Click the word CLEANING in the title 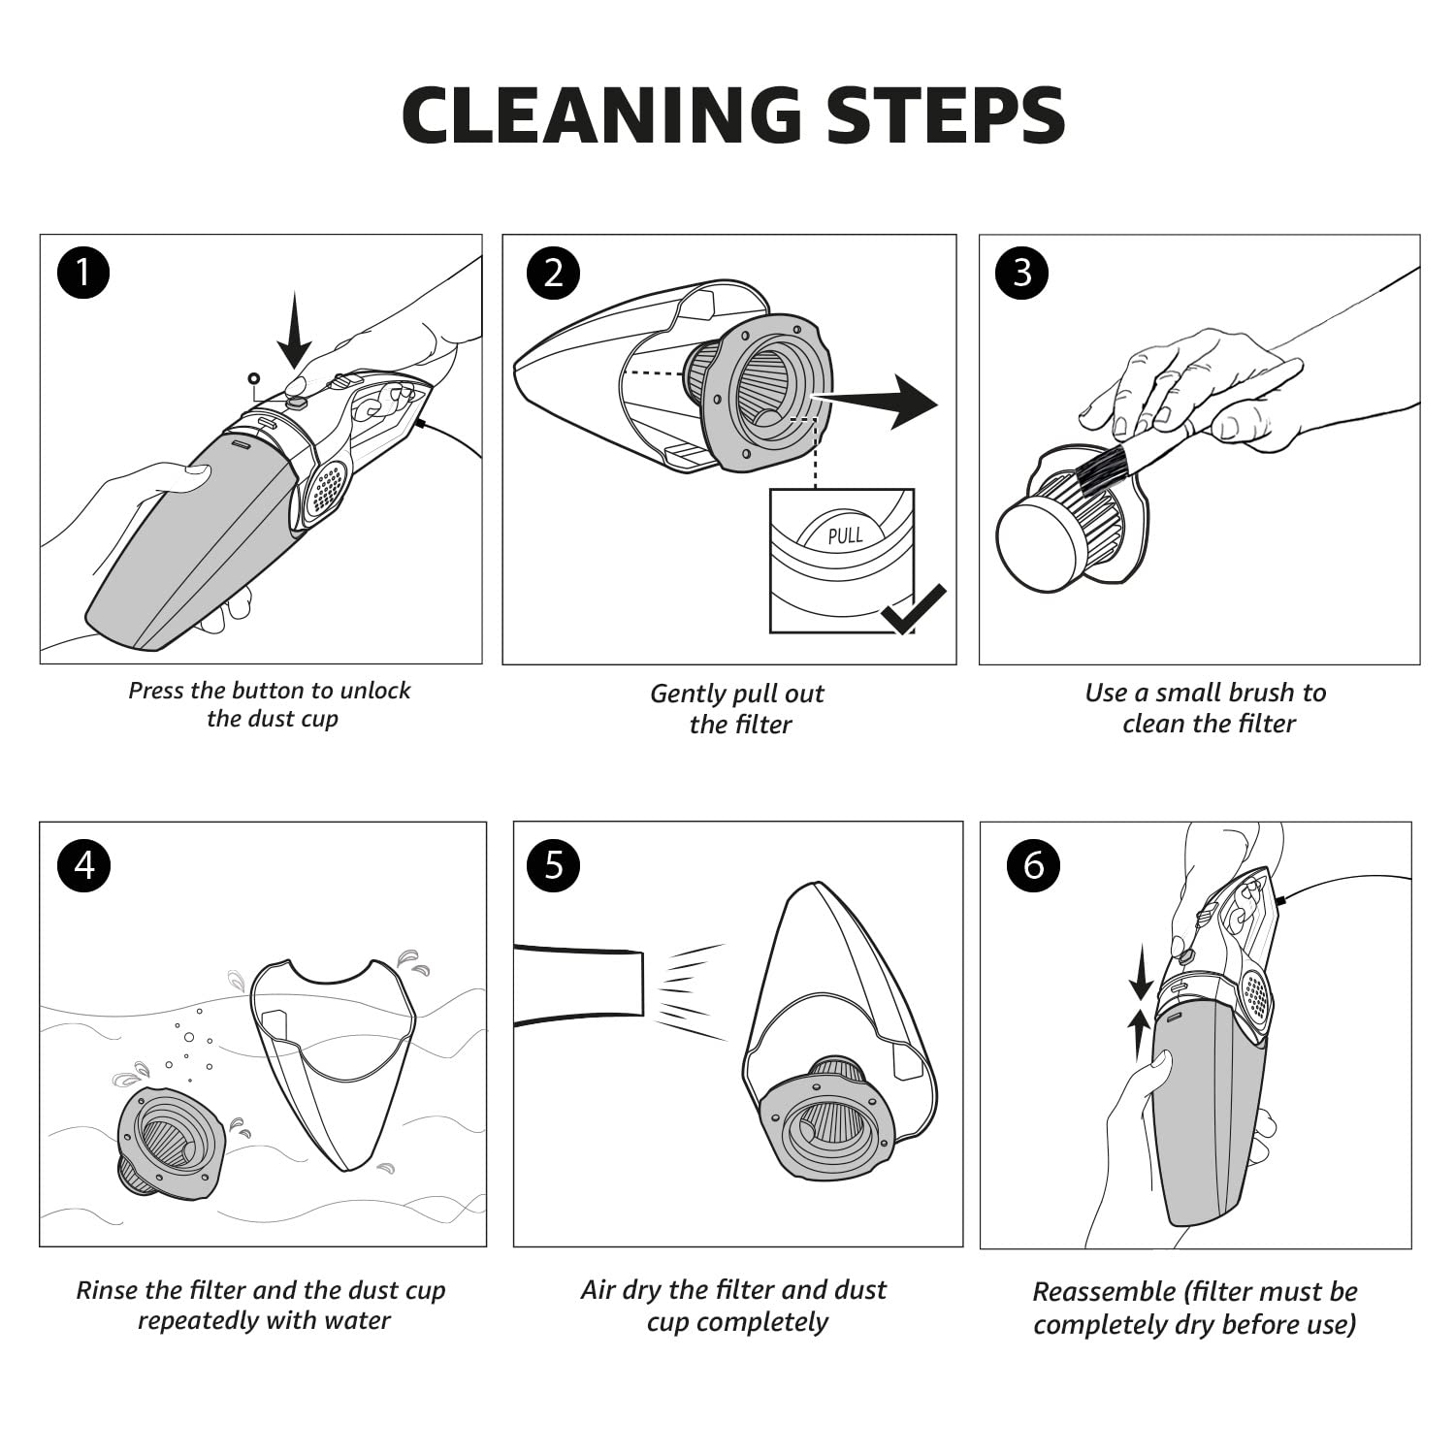coord(601,115)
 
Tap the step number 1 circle coord(83,273)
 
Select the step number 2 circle coord(553,273)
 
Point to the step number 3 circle coord(1022,273)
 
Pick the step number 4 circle coord(84,864)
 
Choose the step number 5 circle coord(554,864)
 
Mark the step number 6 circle coord(1034,864)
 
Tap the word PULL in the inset coord(845,534)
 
